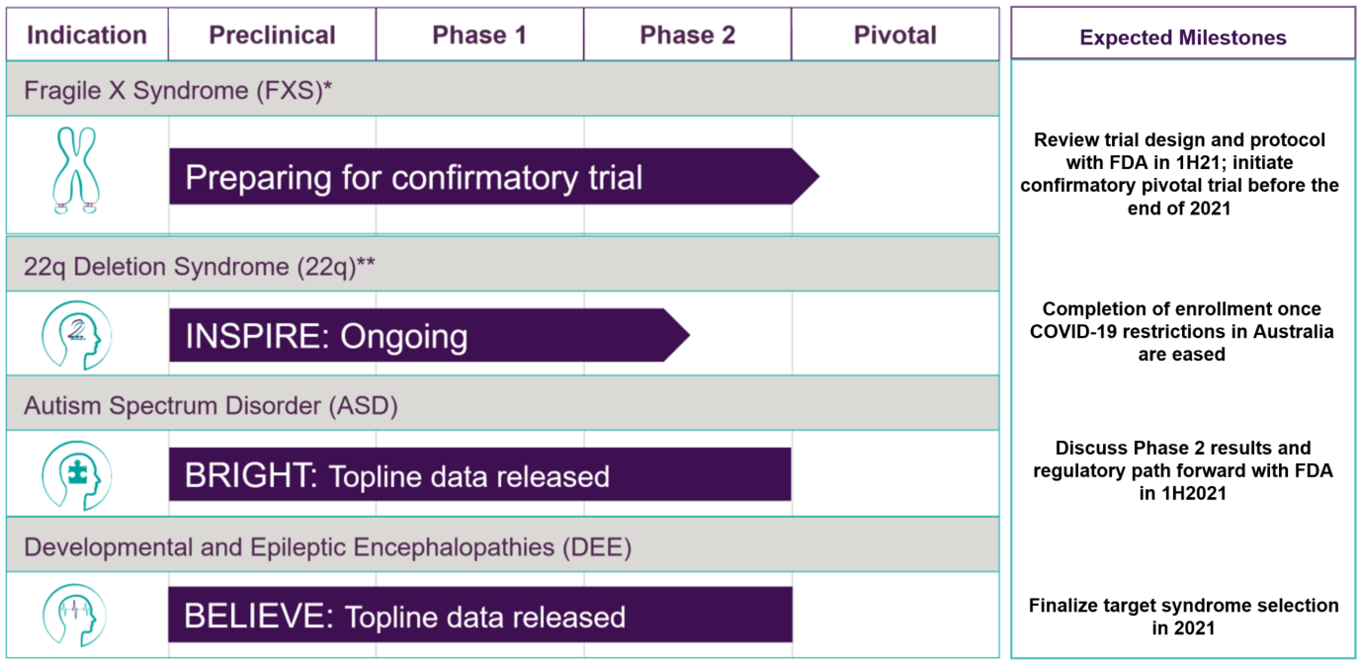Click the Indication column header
point(87,36)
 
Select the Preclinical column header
point(272,36)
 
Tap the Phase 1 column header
point(479,36)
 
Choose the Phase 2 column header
point(687,36)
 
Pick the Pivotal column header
point(894,36)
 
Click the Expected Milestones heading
point(1183,38)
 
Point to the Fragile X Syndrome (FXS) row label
point(178,90)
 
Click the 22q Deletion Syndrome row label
point(199,267)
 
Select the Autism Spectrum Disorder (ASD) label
point(211,405)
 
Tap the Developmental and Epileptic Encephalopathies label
point(328,547)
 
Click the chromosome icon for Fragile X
point(76,171)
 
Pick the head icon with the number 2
point(76,335)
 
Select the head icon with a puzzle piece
point(76,475)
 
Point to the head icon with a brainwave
point(74,616)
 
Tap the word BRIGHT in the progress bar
point(251,475)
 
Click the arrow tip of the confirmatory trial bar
point(819,177)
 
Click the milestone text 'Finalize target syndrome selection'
point(1183,606)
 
